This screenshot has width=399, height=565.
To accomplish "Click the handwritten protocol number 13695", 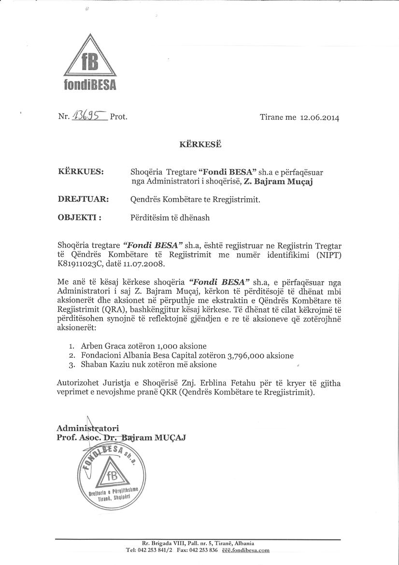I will [x=89, y=116].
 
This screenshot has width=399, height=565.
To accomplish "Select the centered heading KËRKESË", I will [x=199, y=144].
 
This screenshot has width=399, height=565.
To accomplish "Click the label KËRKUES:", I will [x=81, y=172].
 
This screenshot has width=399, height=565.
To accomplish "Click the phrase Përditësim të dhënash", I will [x=170, y=217].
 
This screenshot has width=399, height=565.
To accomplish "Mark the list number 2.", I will [x=71, y=355].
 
